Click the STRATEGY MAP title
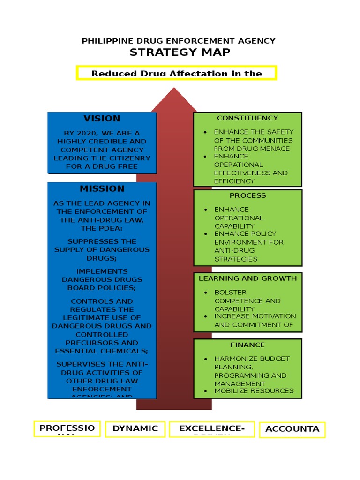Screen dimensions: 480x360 click(180, 52)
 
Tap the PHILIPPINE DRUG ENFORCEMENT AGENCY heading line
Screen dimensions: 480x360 click(179, 41)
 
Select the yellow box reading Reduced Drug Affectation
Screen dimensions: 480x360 click(177, 73)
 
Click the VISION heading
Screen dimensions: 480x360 click(102, 119)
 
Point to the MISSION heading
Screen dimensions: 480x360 click(102, 189)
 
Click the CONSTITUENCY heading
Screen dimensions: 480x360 click(247, 118)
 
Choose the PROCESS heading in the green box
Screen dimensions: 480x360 click(247, 195)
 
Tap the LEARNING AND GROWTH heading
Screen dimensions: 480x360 click(247, 278)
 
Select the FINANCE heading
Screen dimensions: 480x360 click(247, 345)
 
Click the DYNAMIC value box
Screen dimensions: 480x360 click(135, 428)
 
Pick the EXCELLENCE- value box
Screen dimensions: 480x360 click(212, 429)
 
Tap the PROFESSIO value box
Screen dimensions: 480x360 click(67, 428)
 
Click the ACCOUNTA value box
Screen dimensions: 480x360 click(292, 429)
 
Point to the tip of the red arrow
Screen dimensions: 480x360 click(174, 89)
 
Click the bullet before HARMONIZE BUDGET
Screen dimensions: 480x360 click(205, 359)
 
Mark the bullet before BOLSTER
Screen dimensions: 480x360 click(205, 292)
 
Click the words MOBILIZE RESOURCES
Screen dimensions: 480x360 click(254, 391)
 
